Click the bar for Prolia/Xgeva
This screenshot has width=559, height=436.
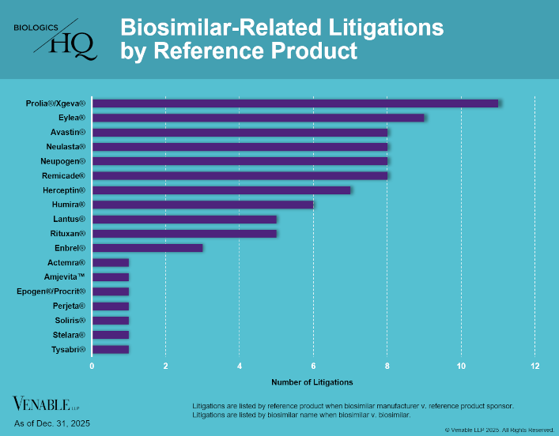tap(295, 103)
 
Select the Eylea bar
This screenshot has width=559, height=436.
tap(258, 118)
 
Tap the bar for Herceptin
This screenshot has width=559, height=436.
tap(221, 190)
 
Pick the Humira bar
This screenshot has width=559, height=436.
tap(202, 205)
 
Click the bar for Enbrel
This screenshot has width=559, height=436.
tap(147, 248)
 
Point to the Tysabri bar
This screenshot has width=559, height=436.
tap(110, 349)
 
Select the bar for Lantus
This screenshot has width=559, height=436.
tap(184, 219)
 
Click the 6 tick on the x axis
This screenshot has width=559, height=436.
tap(313, 366)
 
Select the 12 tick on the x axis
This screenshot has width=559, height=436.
tap(535, 366)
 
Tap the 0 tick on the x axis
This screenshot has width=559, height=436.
tap(92, 366)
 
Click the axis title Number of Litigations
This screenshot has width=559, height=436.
tap(312, 382)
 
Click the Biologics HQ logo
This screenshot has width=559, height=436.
tap(56, 40)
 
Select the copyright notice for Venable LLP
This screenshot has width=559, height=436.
tap(500, 430)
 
